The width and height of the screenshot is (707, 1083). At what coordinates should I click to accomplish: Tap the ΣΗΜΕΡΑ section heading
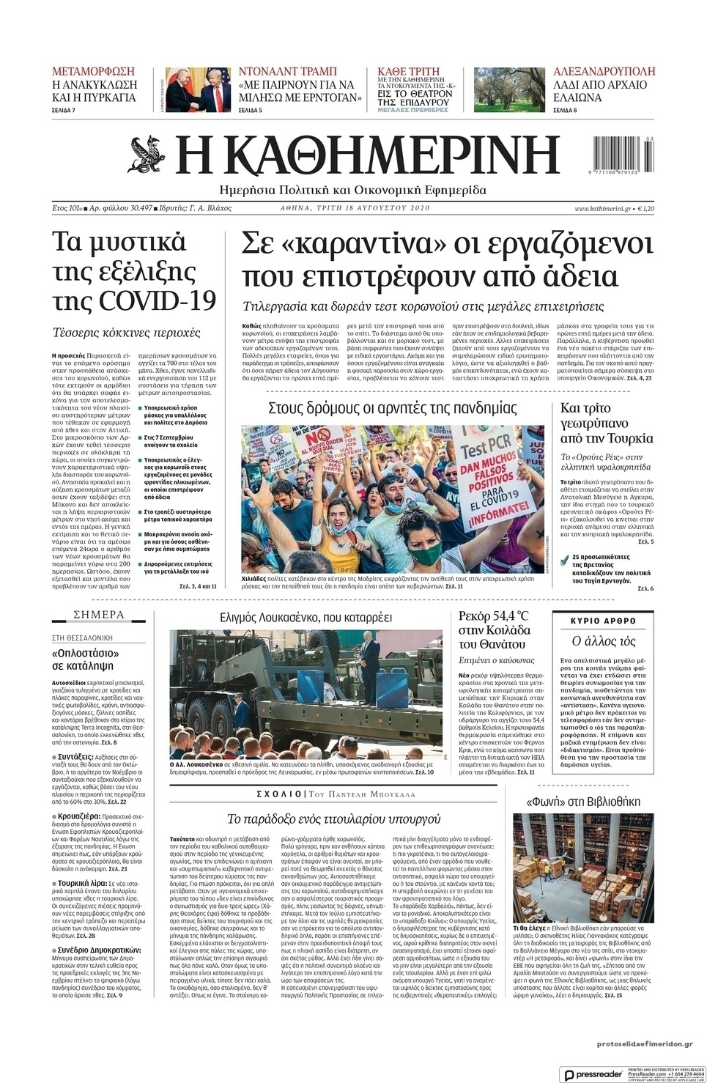coord(99,615)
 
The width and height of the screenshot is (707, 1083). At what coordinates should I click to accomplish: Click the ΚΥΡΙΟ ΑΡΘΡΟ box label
coord(602,620)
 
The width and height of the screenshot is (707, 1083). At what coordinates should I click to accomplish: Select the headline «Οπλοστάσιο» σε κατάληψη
coord(86,659)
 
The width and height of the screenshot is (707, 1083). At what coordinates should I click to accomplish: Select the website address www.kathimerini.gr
coord(603,209)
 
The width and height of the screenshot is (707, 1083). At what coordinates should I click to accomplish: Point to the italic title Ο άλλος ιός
coord(602,640)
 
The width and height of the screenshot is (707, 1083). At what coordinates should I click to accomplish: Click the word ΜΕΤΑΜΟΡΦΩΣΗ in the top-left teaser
coord(94,72)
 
